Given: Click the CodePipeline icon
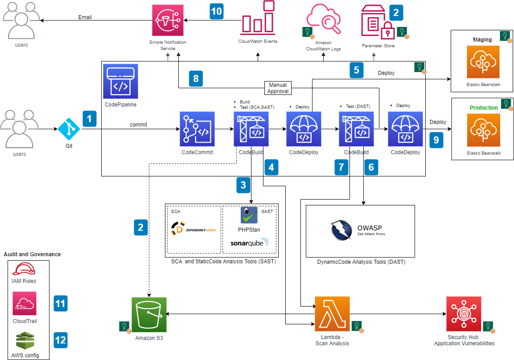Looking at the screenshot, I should (x=120, y=82).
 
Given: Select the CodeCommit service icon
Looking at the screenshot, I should (x=197, y=129).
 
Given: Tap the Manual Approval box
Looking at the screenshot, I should (x=278, y=88).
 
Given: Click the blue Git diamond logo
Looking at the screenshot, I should (x=69, y=129).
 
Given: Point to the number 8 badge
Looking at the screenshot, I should (x=196, y=79).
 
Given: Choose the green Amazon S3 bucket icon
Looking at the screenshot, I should (x=149, y=315).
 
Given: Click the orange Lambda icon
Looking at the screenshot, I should (x=332, y=314).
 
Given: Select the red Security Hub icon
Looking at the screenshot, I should (x=464, y=314).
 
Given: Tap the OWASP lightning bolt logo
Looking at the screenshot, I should (x=342, y=230).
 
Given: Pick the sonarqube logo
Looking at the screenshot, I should (x=249, y=243).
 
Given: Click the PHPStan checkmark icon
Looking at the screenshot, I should (x=249, y=215).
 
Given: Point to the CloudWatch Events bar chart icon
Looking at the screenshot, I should (x=258, y=18).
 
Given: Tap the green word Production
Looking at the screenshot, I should (x=484, y=108).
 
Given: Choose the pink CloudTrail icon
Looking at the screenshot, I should (x=25, y=304).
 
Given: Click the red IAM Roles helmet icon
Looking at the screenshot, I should (x=24, y=269).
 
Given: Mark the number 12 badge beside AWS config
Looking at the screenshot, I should (x=60, y=340).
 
